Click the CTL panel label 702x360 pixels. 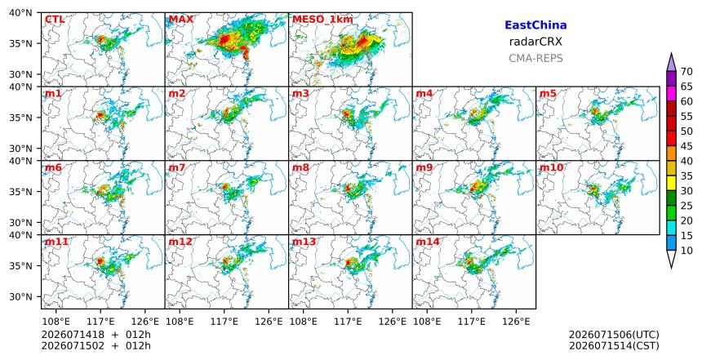click(x=55, y=20)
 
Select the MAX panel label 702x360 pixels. click(x=181, y=20)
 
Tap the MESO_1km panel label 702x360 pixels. click(x=322, y=20)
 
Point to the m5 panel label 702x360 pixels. click(x=548, y=94)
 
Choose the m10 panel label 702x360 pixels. click(x=552, y=167)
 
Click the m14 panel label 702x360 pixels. click(x=428, y=242)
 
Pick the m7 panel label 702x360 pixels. click(x=177, y=167)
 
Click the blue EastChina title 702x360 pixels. click(x=535, y=25)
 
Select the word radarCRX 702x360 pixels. click(x=535, y=42)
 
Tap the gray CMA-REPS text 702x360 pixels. click(x=535, y=58)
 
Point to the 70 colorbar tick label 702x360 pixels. click(x=686, y=72)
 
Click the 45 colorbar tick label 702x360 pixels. click(x=686, y=146)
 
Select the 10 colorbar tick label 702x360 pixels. click(x=686, y=251)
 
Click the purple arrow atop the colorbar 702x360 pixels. click(x=671, y=63)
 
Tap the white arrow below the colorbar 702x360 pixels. click(x=671, y=259)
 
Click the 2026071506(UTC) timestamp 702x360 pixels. click(x=614, y=335)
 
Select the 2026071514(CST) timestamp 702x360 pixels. click(x=614, y=345)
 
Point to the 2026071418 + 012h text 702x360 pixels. click(x=96, y=335)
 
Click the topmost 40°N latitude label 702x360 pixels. click(x=20, y=12)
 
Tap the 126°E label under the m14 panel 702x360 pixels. click(x=516, y=322)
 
